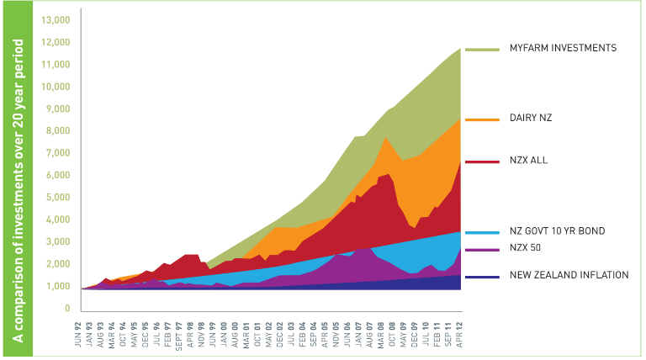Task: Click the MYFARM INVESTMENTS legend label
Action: (x=563, y=48)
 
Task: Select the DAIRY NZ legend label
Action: (x=531, y=119)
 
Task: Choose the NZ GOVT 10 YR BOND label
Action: (x=557, y=230)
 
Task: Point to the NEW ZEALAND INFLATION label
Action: (x=569, y=275)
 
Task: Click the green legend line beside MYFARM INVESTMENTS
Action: (x=481, y=50)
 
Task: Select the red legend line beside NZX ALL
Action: (x=481, y=160)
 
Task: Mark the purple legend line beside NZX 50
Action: (x=481, y=251)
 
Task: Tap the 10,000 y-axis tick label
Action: (x=56, y=87)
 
